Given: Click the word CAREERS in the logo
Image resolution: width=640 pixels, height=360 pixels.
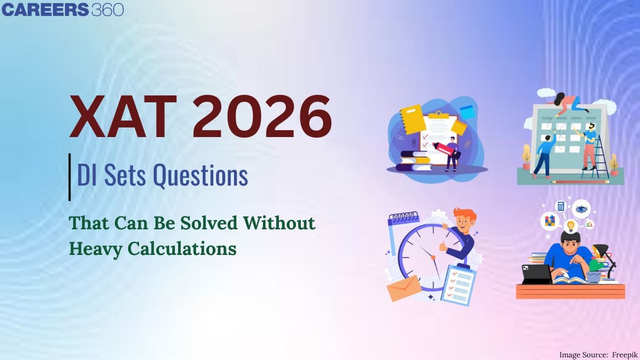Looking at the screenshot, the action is [45, 10].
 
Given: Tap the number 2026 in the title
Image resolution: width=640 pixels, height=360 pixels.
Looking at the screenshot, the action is [262, 117].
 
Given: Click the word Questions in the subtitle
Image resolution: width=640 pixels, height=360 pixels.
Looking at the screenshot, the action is [201, 175].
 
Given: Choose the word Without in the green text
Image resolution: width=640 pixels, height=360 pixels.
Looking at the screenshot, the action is [279, 223].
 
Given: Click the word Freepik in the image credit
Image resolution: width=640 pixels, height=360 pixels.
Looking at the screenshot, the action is [625, 355].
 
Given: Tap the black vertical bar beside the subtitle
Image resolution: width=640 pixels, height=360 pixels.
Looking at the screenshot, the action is [69, 177].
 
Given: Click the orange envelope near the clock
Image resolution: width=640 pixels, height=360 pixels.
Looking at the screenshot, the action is [404, 288].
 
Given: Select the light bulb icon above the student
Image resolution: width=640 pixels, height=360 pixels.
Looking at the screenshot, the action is [571, 226].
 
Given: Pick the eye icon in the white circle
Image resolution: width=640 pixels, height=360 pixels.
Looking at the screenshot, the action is [581, 209].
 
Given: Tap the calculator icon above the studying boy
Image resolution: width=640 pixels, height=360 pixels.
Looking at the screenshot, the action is [561, 206].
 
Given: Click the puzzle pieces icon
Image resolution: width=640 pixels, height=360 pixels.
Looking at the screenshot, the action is [550, 221].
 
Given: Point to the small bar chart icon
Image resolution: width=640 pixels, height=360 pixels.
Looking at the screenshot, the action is [590, 224].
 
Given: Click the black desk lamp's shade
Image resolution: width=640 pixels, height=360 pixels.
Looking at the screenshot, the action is [599, 250].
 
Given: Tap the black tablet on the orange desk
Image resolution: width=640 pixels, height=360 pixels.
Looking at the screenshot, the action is [537, 274].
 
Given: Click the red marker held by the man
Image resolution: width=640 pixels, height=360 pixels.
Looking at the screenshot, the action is [444, 149].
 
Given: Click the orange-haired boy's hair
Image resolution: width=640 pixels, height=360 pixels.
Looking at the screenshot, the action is [466, 215].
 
